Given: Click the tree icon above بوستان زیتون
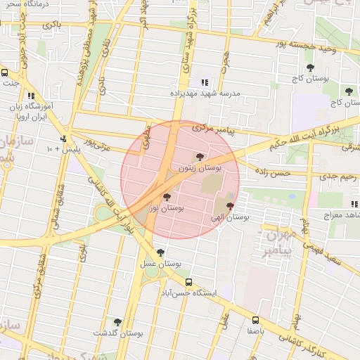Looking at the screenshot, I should tap(200, 157).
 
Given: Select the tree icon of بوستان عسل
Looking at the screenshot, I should tap(161, 252).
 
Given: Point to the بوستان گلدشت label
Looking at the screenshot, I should tap(117, 333).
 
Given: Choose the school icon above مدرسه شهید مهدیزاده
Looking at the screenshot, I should tap(205, 82).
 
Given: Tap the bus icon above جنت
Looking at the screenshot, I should tap(5, 72).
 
